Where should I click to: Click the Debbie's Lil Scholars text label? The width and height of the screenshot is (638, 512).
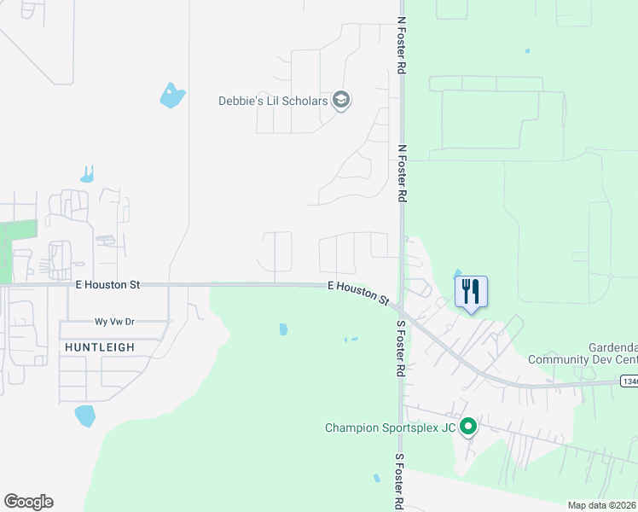[x=273, y=101]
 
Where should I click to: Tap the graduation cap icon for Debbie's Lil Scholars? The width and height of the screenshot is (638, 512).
[x=341, y=101]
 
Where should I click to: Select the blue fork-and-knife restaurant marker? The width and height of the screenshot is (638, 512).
[x=471, y=292]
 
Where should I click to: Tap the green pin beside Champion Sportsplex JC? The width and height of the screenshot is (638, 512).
[x=467, y=426]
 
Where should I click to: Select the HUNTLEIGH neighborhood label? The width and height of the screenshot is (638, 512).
[x=99, y=347]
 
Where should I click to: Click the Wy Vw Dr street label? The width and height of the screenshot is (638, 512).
[x=115, y=322]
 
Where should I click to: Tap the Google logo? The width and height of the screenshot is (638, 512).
[x=28, y=502]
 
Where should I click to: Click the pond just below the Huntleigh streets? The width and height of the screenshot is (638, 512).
[x=85, y=416]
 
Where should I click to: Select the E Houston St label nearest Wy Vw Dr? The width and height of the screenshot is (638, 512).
[x=107, y=284]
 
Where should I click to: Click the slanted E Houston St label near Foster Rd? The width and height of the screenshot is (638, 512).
[x=359, y=294]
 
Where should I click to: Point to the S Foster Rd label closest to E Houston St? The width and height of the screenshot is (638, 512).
[x=399, y=350]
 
